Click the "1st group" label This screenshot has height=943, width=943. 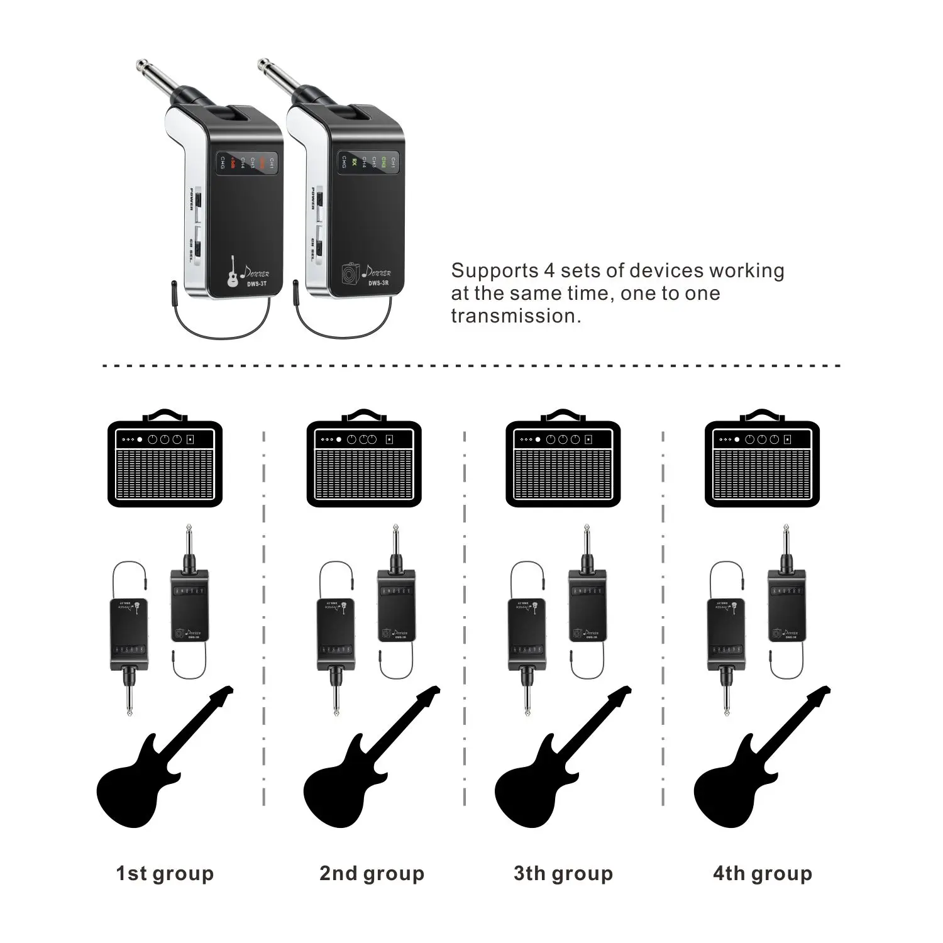(x=165, y=873)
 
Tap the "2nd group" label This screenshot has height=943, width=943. (x=372, y=873)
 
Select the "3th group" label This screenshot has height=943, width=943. (x=563, y=873)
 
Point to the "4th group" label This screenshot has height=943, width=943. (x=762, y=873)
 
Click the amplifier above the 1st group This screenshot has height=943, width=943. (x=165, y=462)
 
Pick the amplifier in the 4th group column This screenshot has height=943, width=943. (x=762, y=462)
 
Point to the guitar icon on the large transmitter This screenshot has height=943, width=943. (x=233, y=272)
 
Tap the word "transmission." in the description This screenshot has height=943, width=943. (x=516, y=316)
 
